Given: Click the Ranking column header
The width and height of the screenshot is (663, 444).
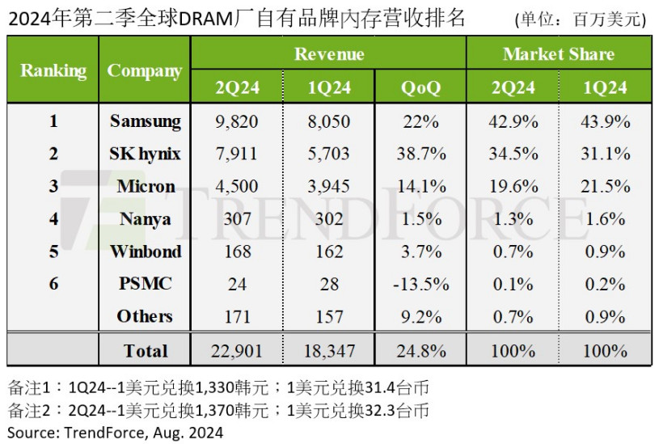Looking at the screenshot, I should [53, 70].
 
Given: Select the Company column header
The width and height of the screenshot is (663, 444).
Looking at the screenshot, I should [145, 70].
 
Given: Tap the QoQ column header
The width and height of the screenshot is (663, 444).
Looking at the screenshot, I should [420, 87].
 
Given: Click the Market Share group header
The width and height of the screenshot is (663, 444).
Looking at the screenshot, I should [559, 54].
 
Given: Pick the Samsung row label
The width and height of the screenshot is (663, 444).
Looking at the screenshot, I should [146, 122].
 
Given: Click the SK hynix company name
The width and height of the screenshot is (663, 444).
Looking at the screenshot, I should [146, 154].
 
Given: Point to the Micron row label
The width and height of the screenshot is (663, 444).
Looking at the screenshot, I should [146, 187].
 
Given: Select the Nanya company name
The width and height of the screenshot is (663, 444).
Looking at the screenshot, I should [146, 219].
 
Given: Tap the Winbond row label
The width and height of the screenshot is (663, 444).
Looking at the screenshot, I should [146, 252].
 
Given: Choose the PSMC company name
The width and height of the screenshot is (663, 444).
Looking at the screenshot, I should [146, 284].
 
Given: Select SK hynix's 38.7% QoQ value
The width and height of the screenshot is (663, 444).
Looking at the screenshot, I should [420, 154].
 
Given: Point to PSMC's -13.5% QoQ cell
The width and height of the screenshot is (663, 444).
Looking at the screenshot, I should [420, 284].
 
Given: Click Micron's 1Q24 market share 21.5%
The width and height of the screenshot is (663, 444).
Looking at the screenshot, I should [605, 187].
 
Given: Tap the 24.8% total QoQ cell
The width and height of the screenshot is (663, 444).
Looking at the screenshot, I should [420, 350].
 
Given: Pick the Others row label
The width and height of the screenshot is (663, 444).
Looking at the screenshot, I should [146, 316].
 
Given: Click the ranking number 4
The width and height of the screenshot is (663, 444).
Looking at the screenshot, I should [53, 219].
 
